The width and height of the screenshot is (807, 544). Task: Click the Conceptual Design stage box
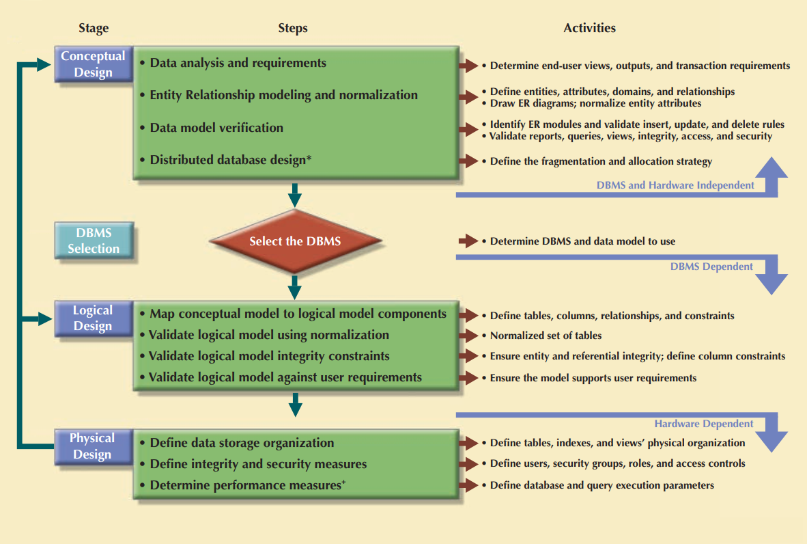(x=93, y=64)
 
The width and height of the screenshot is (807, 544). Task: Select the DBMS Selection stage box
(x=93, y=241)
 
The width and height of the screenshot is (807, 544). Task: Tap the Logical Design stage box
(x=93, y=318)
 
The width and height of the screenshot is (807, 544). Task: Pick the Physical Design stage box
(x=93, y=446)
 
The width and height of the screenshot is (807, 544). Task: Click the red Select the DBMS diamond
(x=294, y=241)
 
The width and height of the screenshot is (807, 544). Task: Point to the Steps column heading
(x=293, y=28)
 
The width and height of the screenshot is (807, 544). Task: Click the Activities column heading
(x=589, y=28)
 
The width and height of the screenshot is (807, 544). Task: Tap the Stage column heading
(x=94, y=28)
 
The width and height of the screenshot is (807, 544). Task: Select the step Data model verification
(x=216, y=128)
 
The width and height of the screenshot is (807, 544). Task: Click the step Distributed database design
(x=230, y=160)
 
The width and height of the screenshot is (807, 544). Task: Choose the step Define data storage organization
(x=242, y=443)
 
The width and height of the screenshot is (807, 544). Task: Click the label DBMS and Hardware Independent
(x=675, y=185)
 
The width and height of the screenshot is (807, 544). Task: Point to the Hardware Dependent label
(x=703, y=424)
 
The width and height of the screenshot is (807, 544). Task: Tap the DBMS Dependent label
(x=711, y=267)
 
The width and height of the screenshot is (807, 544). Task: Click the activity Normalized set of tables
(x=546, y=336)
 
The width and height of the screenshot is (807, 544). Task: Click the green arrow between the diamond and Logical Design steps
(x=295, y=286)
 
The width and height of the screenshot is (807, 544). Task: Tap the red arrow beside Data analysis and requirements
(x=468, y=66)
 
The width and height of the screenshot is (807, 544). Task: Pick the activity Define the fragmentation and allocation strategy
(x=601, y=161)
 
